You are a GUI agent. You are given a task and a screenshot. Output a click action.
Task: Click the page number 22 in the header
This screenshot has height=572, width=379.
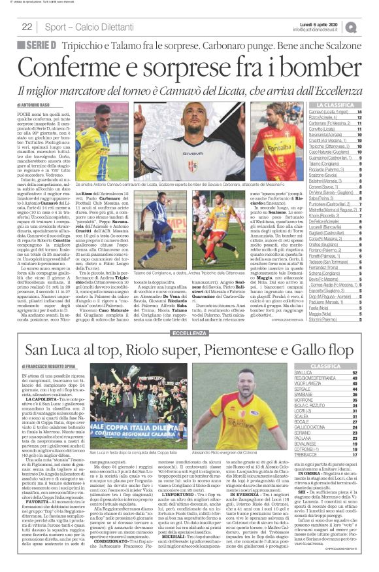click(27, 27)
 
